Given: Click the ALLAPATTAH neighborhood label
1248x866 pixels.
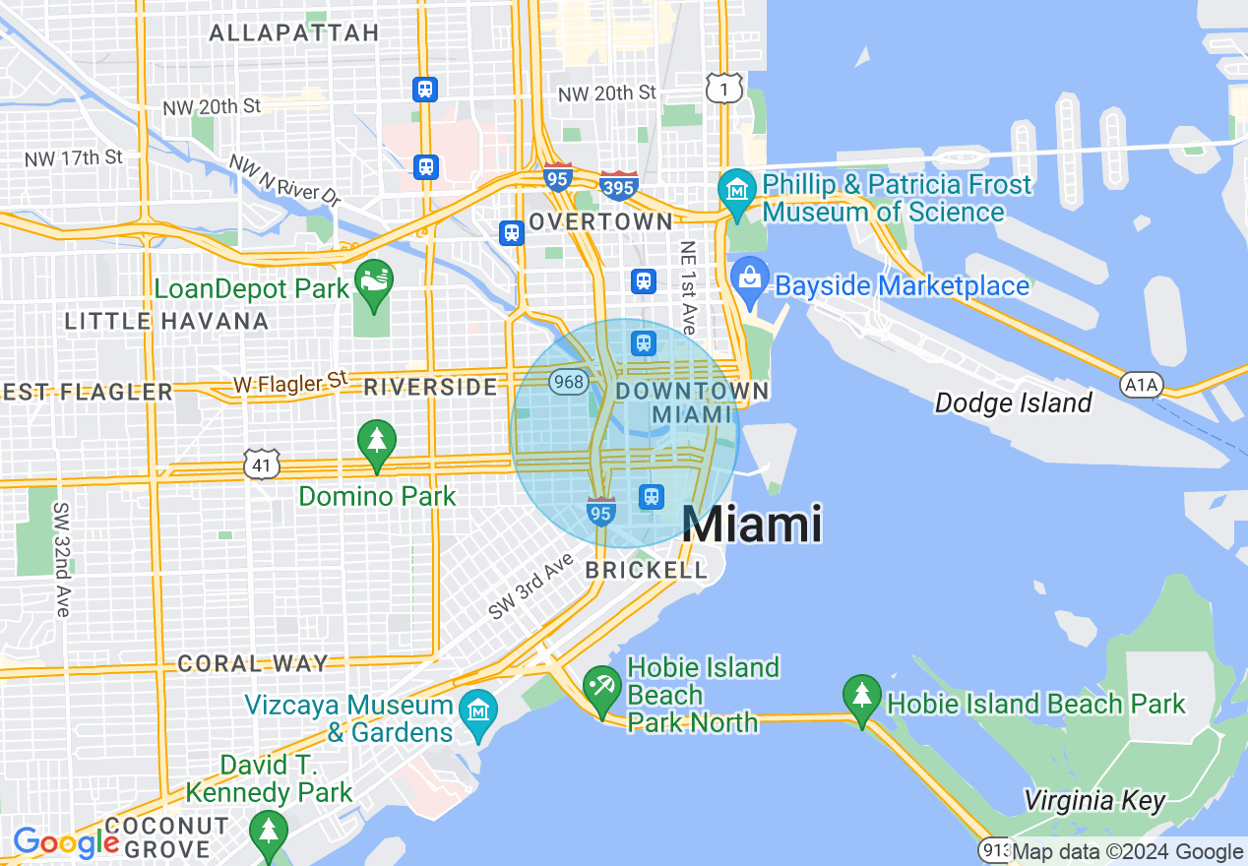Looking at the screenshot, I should [294, 32].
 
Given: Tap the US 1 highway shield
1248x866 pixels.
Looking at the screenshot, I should [722, 88].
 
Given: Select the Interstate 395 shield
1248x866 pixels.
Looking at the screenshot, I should [618, 184].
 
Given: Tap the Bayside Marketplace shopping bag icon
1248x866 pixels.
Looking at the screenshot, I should [749, 278].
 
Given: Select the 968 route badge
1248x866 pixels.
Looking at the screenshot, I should [569, 381].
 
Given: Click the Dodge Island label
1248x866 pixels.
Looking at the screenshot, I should [1013, 402].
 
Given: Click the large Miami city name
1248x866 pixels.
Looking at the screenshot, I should [752, 524].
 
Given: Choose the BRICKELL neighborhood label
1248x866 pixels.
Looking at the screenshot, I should [646, 570].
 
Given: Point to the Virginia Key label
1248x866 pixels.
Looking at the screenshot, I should [1094, 799].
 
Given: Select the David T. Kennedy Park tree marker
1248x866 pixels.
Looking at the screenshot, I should [268, 831].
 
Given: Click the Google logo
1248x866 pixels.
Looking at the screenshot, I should [65, 842].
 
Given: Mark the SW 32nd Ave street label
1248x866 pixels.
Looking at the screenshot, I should [62, 560].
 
